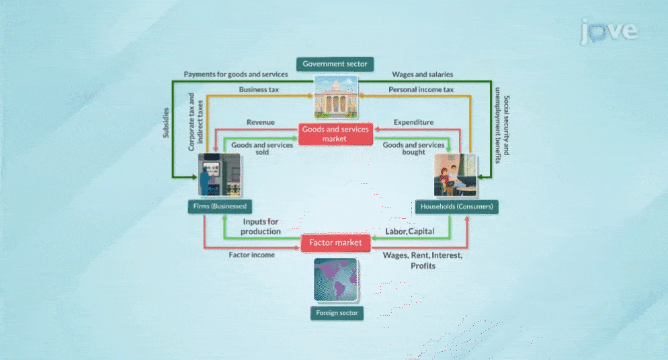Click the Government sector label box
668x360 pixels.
pyautogui.click(x=335, y=64)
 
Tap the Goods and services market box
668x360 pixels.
pyautogui.click(x=335, y=134)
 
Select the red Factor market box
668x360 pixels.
pyautogui.click(x=335, y=242)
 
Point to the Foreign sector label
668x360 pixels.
pyautogui.click(x=336, y=313)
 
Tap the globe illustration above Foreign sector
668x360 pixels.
pyautogui.click(x=336, y=279)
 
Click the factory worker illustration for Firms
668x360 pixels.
pyautogui.click(x=219, y=174)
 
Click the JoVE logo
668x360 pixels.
pyautogui.click(x=609, y=32)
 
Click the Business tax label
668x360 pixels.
pyautogui.click(x=259, y=89)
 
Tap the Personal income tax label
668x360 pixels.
pyautogui.click(x=421, y=89)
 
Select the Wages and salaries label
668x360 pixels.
pyautogui.click(x=423, y=74)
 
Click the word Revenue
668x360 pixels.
pyautogui.click(x=260, y=122)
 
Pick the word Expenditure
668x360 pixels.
pyautogui.click(x=413, y=122)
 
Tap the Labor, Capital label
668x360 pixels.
pyautogui.click(x=409, y=232)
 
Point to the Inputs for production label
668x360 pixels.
pyautogui.click(x=261, y=226)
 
